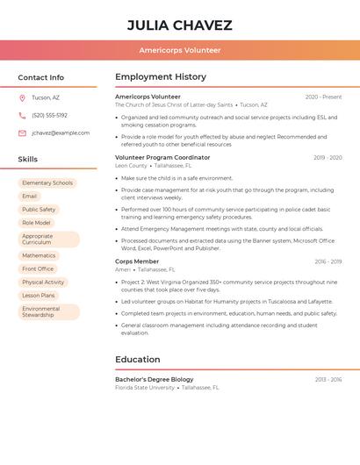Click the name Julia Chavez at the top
[x=180, y=25]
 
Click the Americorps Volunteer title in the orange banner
[x=180, y=50]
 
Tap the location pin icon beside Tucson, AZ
[x=22, y=98]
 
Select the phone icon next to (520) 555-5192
[x=22, y=115]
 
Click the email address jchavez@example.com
[x=61, y=132]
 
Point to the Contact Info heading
[x=40, y=77]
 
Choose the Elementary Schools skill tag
[x=47, y=183]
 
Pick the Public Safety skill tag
[x=39, y=210]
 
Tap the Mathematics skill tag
[x=39, y=255]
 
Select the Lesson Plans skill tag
[x=39, y=296]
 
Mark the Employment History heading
[x=161, y=77]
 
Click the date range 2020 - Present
[x=323, y=97]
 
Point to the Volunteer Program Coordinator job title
[x=162, y=158]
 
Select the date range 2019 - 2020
[x=328, y=158]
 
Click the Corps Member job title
[x=137, y=261]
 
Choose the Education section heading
[x=138, y=359]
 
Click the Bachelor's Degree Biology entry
[x=155, y=379]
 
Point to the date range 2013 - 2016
[x=328, y=379]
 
